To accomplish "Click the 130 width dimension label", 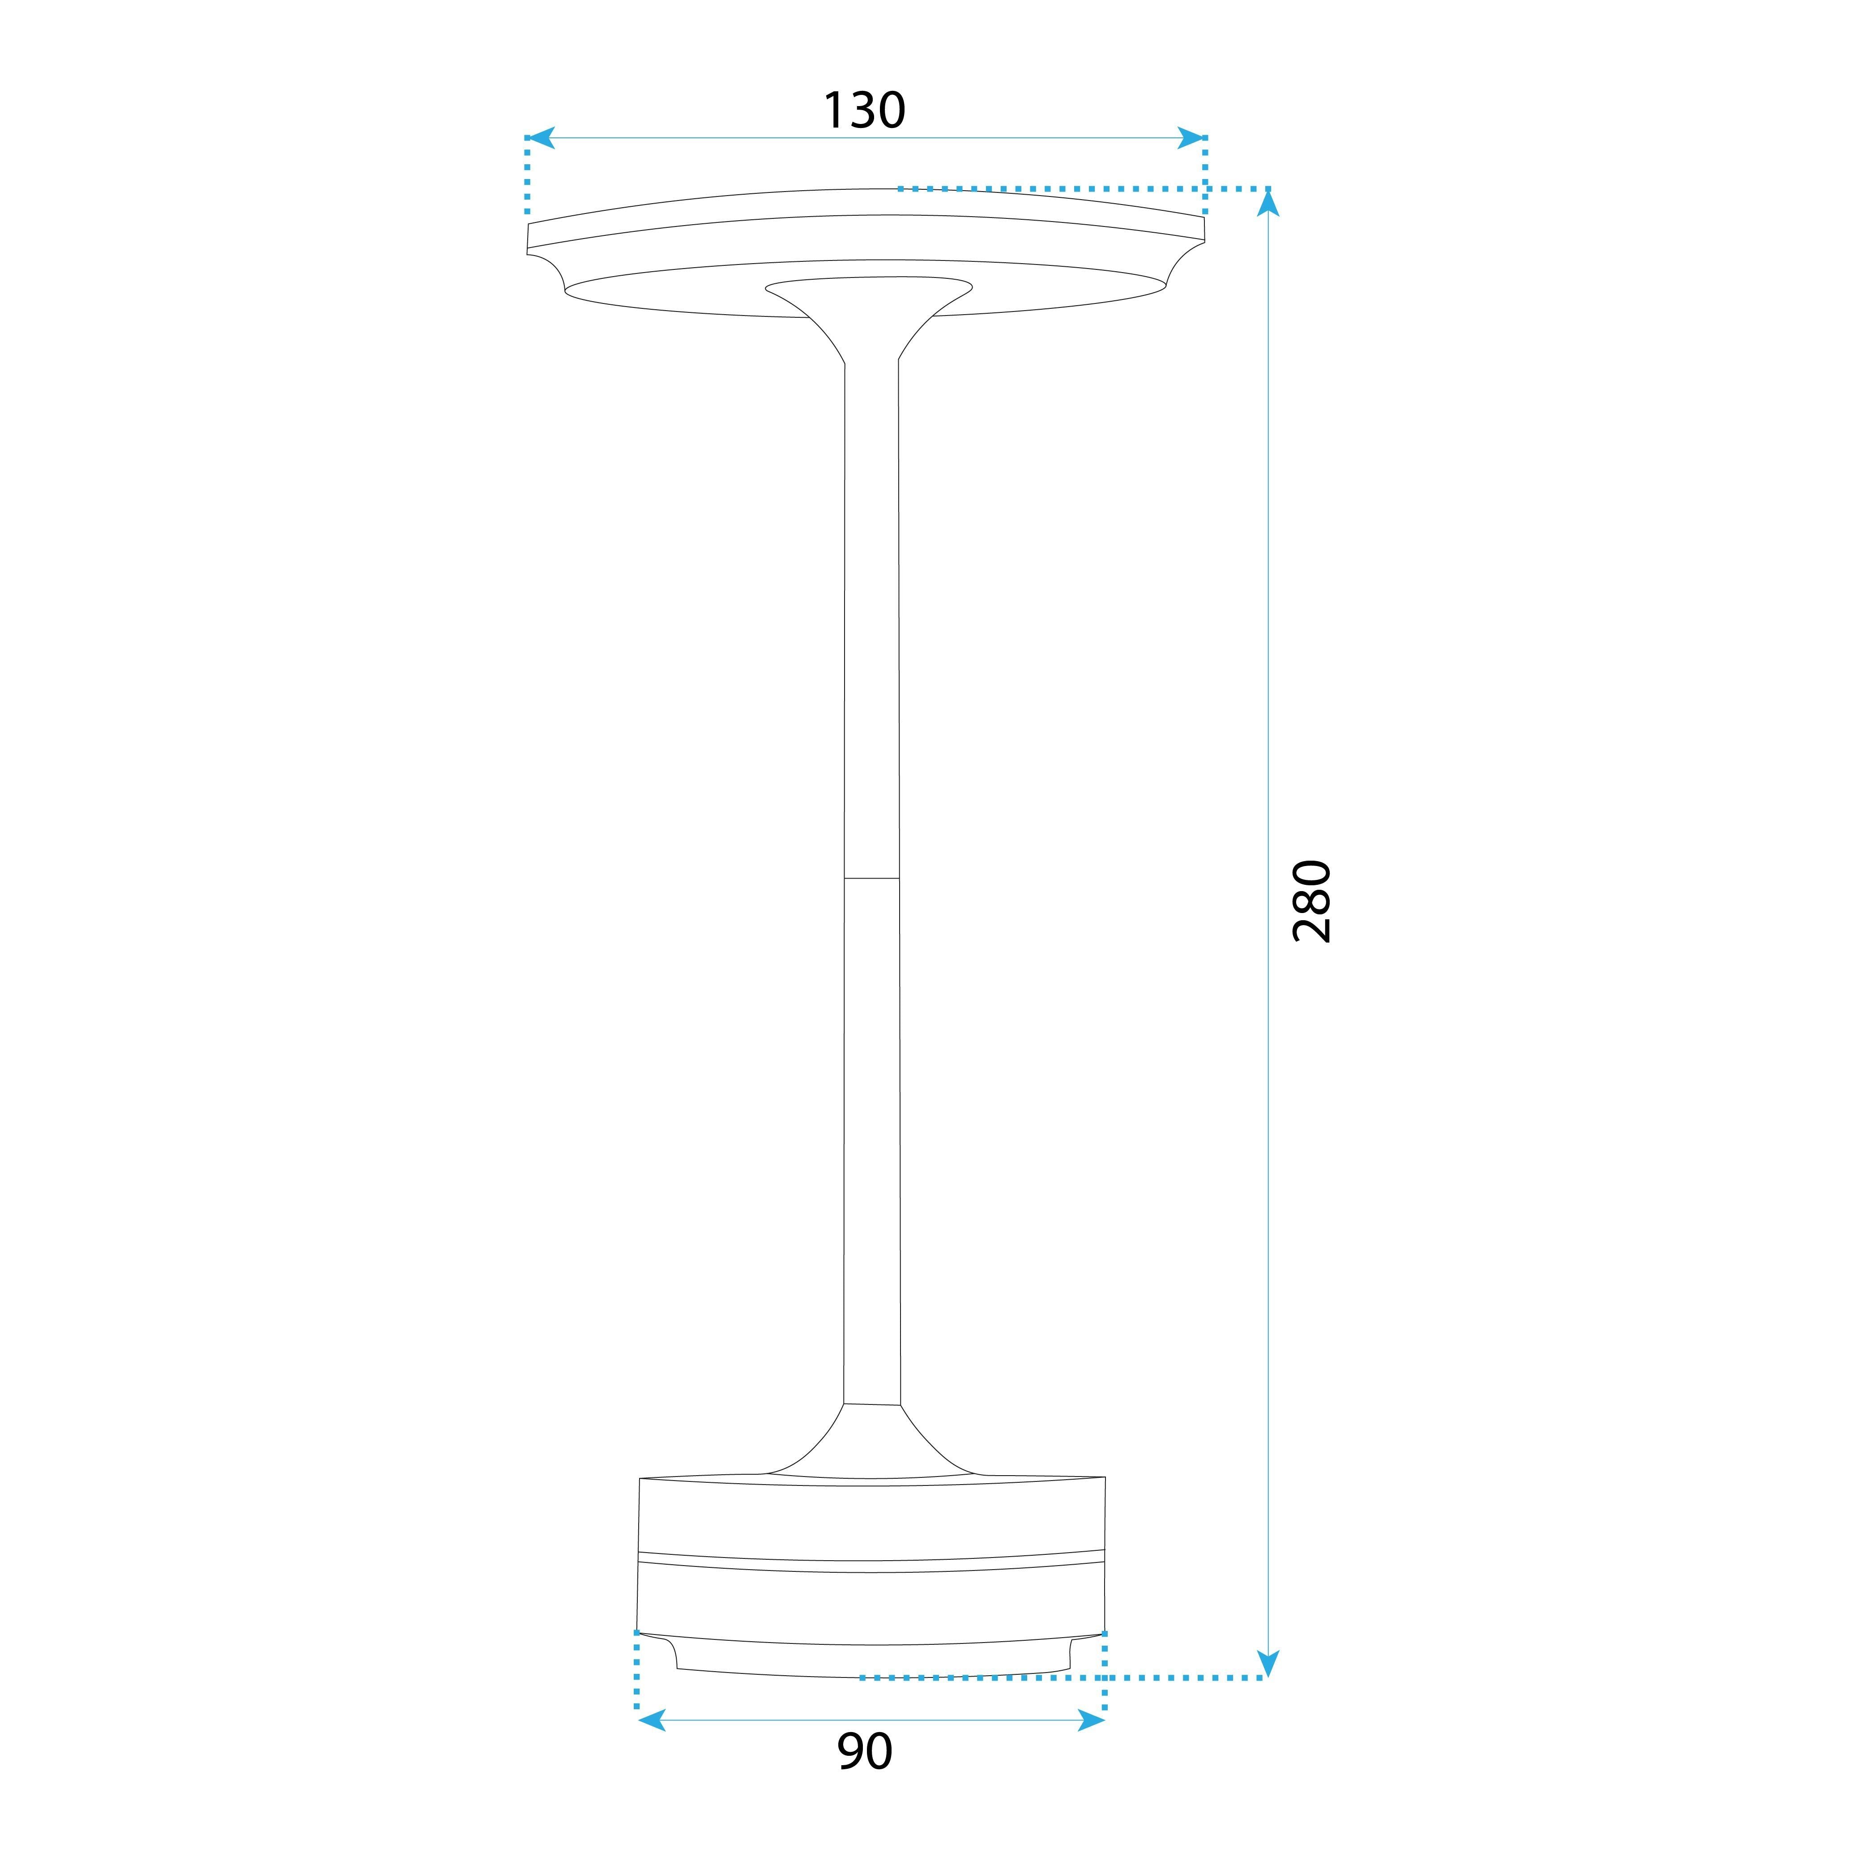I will click(864, 111).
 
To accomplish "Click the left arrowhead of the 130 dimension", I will click(541, 138).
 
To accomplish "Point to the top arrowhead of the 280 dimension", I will click(1268, 203).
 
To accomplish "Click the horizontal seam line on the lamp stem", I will click(872, 879).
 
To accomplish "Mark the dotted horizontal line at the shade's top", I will click(1081, 188).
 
